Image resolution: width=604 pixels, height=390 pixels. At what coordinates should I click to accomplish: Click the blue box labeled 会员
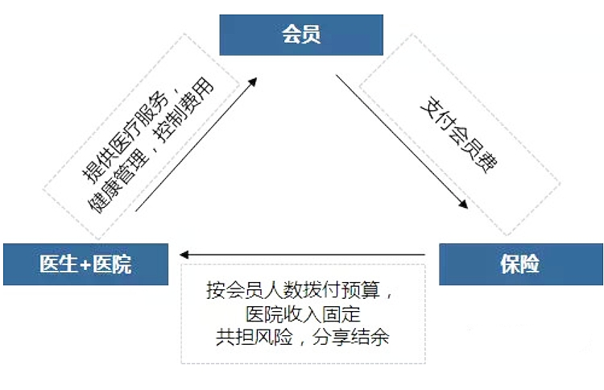click(301, 35)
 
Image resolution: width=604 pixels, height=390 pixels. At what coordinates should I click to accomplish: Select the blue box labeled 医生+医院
click(85, 264)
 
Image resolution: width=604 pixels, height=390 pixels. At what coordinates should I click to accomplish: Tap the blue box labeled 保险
click(520, 264)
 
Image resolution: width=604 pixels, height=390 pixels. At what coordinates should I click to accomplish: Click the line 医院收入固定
click(302, 313)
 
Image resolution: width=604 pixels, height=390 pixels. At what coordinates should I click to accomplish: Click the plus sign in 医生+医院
click(84, 264)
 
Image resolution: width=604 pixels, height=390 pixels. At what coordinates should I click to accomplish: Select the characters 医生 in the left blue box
click(58, 264)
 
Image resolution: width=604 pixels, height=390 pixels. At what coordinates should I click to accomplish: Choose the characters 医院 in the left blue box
click(112, 264)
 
